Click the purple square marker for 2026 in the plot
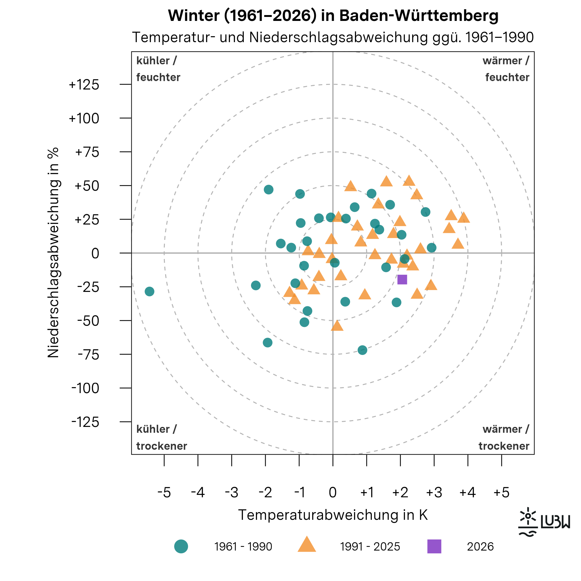point(402,280)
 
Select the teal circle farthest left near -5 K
point(149,291)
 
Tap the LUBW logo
point(544,522)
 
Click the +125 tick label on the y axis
point(84,85)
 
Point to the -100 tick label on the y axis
point(85,388)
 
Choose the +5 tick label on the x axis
point(501,493)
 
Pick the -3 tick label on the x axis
point(232,493)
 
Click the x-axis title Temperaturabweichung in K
point(333,515)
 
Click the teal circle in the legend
point(181,547)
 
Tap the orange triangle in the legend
point(307,545)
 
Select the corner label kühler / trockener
point(161,437)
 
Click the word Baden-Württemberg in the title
point(419,15)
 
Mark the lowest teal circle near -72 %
point(362,350)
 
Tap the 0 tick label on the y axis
point(95,253)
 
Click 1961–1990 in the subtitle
point(499,38)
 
